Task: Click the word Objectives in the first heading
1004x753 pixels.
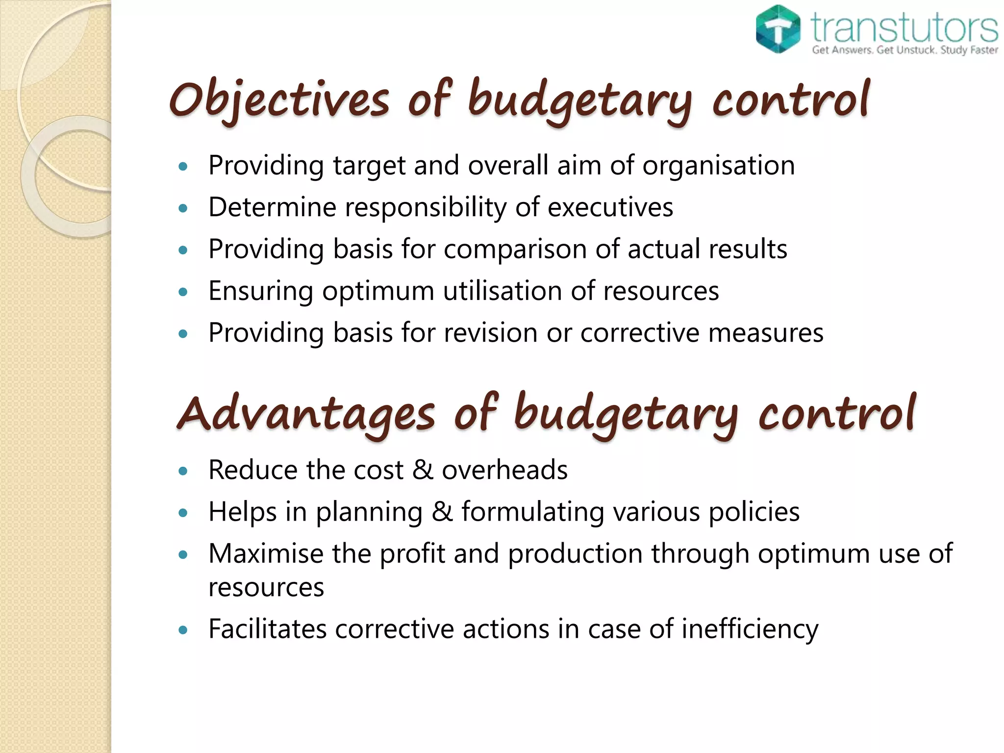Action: (279, 100)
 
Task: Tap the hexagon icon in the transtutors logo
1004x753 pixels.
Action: (778, 29)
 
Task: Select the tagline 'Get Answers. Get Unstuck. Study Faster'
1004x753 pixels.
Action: (904, 50)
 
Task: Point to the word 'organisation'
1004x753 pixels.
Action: (718, 165)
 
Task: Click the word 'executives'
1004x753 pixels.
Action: (610, 207)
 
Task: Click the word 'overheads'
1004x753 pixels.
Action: (504, 470)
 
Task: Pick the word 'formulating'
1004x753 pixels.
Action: (532, 512)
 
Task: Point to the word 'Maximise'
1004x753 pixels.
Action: (265, 553)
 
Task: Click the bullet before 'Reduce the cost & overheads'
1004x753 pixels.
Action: (183, 472)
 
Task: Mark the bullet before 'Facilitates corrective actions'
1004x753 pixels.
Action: (183, 630)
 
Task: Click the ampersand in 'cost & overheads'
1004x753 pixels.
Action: (423, 470)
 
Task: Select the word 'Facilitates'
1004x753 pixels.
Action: (267, 629)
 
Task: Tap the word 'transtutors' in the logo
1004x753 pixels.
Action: (904, 27)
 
